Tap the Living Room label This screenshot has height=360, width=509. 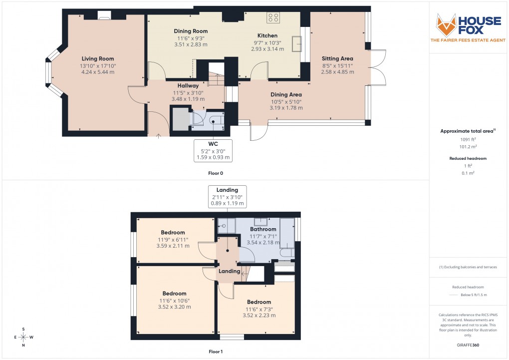98,59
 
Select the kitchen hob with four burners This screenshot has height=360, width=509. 273,18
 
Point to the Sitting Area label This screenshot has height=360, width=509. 337,59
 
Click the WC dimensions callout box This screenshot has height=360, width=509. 213,150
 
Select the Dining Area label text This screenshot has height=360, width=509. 286,94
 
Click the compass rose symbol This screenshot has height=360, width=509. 23,337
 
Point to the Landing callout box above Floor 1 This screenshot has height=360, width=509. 227,196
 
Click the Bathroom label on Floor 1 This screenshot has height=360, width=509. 263,229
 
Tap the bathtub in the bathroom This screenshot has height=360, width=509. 287,235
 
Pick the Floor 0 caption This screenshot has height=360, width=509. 216,173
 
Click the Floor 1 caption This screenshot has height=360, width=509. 216,352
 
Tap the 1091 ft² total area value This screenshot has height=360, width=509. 468,140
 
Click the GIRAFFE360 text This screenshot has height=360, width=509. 468,345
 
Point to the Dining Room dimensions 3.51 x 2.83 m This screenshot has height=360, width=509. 191,44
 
